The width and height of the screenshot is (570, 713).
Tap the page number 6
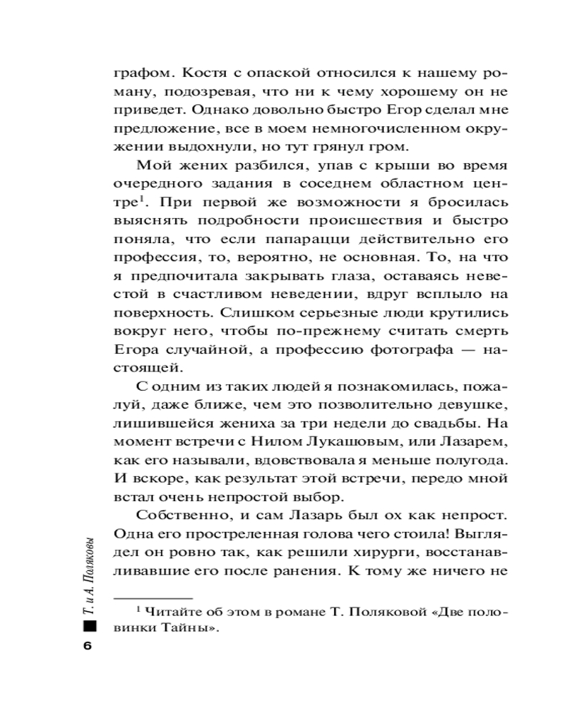(88, 646)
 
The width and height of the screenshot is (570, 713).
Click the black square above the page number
(88, 627)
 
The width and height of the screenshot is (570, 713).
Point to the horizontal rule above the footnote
(154, 596)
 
